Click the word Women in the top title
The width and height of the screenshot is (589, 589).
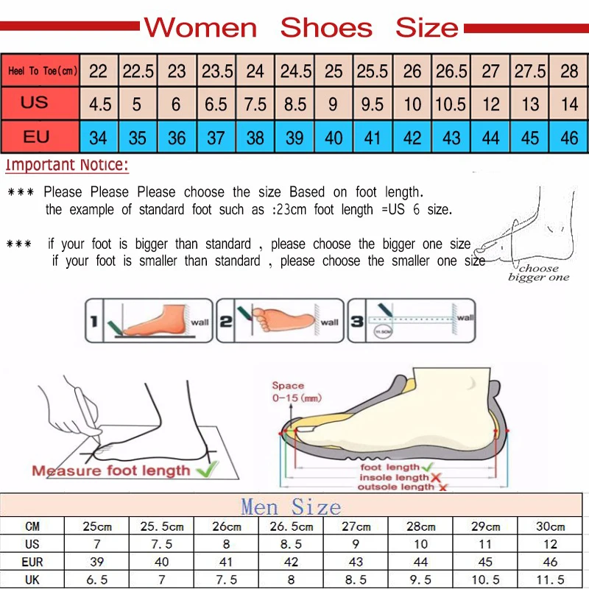(200, 28)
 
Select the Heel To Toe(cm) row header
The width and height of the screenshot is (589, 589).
(42, 71)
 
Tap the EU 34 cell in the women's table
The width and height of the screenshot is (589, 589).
(98, 138)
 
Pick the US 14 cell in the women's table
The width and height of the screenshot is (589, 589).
(569, 105)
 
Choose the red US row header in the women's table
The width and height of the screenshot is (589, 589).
(35, 103)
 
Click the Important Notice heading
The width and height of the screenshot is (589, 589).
(67, 165)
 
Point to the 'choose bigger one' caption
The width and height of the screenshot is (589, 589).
(538, 273)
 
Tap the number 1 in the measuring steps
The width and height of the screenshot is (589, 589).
(94, 322)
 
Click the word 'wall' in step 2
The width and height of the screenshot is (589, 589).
(329, 322)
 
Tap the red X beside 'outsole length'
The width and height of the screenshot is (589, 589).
(442, 487)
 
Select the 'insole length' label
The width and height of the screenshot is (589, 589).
(395, 478)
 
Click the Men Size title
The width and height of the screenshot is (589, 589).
(291, 507)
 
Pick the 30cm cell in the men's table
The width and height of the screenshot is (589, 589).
(551, 526)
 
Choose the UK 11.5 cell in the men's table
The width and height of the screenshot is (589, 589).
(551, 579)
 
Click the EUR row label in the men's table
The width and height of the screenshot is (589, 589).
(32, 562)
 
